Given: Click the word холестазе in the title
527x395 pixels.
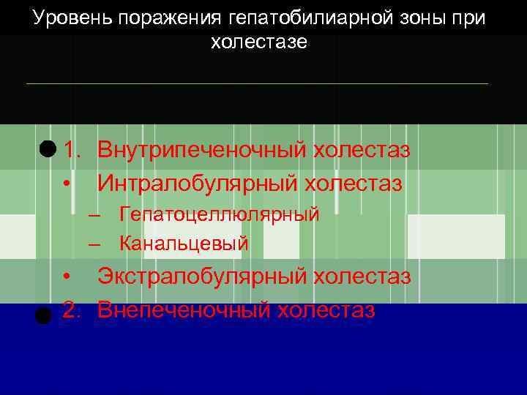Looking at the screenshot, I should (x=259, y=42).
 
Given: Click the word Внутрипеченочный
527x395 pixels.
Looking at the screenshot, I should (x=202, y=151).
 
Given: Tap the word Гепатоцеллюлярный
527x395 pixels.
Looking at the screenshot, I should (x=220, y=214).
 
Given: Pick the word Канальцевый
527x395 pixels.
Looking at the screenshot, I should (x=184, y=243).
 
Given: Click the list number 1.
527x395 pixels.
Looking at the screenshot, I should (x=71, y=151).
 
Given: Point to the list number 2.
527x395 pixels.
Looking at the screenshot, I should (x=71, y=309).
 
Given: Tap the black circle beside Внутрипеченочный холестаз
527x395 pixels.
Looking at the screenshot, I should (x=48, y=149).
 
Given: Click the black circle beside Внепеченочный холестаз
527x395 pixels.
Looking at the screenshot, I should (x=43, y=316).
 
